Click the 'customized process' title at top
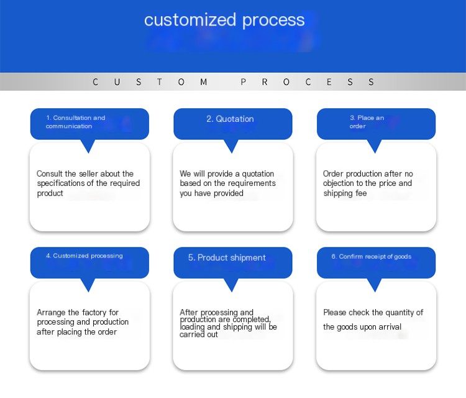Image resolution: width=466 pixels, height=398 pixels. (224, 21)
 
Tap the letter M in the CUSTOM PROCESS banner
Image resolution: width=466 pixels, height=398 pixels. (204, 82)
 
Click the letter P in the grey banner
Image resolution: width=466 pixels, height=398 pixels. (243, 82)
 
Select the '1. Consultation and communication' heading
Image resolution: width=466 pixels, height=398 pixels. (75, 122)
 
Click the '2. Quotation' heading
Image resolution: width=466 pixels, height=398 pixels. (230, 119)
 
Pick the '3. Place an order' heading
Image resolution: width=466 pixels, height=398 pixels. (367, 122)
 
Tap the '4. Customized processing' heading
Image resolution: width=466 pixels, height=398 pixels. (84, 256)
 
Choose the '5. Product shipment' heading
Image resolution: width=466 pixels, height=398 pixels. (227, 257)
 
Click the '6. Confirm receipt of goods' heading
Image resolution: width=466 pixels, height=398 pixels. (372, 256)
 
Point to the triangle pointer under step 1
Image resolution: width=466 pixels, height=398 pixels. (88, 146)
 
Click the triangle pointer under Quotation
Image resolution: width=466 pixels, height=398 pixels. (232, 146)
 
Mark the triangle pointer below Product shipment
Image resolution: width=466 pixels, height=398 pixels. (232, 285)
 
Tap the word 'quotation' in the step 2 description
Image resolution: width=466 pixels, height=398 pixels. (258, 174)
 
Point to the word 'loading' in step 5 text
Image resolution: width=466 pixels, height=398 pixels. (192, 327)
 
